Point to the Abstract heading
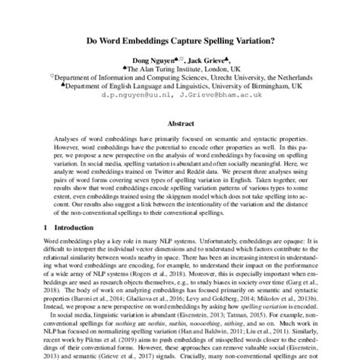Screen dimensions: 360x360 click(x=180, y=123)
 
